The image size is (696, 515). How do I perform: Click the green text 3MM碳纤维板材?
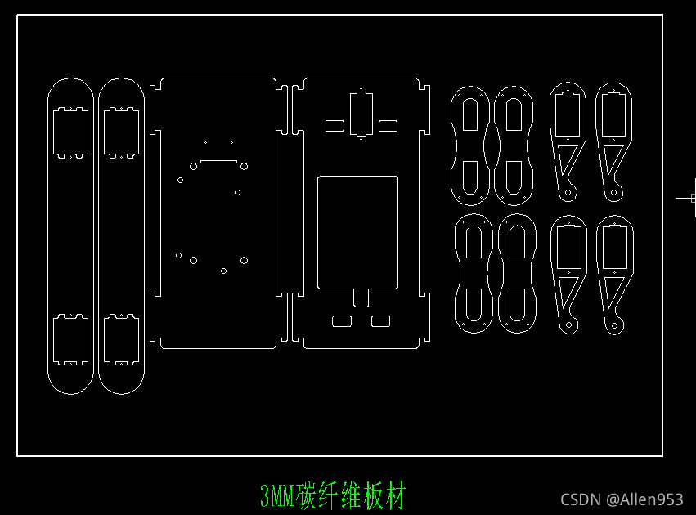coord(332,495)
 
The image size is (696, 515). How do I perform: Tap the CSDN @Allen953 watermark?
coord(622,499)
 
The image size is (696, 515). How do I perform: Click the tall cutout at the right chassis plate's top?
coord(361,114)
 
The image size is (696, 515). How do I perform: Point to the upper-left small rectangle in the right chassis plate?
coord(335,126)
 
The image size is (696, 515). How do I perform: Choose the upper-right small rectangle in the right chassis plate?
coord(388,126)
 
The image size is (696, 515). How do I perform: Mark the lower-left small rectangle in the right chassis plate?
coord(341,321)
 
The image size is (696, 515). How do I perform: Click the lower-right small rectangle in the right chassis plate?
coord(380,321)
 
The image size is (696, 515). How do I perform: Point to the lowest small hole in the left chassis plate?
coord(223,271)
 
